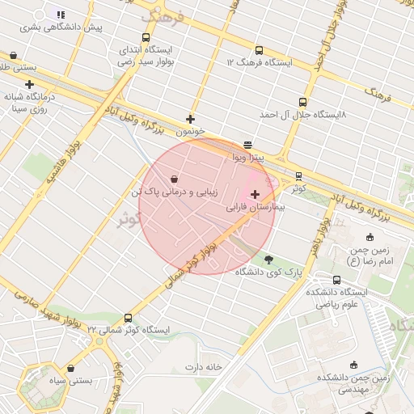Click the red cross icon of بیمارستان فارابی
coord(256,194)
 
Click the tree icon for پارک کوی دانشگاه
coord(268,260)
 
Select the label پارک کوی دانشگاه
coord(268,272)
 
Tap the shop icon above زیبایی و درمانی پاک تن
coord(175,180)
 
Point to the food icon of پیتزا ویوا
coord(247,144)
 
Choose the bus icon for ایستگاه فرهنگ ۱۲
coord(259,50)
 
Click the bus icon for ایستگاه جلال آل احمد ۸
coord(302,103)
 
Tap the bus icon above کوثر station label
coord(298,175)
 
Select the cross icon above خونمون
coord(191,119)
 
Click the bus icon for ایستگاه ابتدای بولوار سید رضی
coord(146,37)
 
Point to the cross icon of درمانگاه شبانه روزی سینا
coord(30,84)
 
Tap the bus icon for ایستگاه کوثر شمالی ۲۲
coord(128,318)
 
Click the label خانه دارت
coord(203,367)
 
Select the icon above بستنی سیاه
coord(70,368)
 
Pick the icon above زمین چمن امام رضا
coord(370,237)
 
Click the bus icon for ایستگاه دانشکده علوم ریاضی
coord(337,280)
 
